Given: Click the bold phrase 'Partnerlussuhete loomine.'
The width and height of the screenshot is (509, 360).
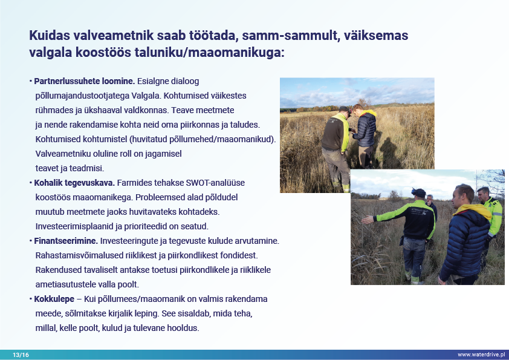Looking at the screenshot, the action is [x=85, y=81].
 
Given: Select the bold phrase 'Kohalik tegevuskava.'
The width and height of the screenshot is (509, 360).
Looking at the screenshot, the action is [x=74, y=183].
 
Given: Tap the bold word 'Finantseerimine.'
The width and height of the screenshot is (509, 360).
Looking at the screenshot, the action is [x=66, y=241].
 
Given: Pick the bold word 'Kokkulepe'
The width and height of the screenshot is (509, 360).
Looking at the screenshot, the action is [x=54, y=299].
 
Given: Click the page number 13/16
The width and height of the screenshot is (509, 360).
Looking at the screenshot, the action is [x=21, y=355].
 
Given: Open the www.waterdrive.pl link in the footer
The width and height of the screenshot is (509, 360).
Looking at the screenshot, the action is [x=481, y=355].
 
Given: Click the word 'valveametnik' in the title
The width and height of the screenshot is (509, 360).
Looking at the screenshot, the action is [x=113, y=36].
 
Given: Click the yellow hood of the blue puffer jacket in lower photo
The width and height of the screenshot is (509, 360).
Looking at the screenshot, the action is [x=473, y=211].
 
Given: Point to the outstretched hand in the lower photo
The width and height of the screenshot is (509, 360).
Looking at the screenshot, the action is [x=368, y=220].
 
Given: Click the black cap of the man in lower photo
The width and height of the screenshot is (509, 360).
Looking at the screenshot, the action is [x=419, y=192].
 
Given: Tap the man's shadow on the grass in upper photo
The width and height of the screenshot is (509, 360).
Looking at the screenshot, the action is [x=389, y=152].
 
